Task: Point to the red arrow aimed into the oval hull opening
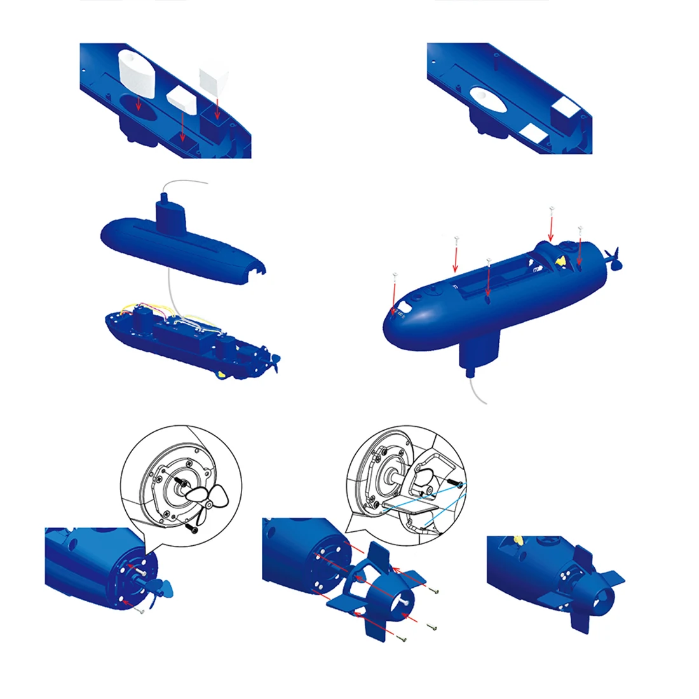point(139,106)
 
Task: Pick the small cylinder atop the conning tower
point(164,198)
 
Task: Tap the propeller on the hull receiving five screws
point(614,258)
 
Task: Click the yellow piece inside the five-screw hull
point(560,259)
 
